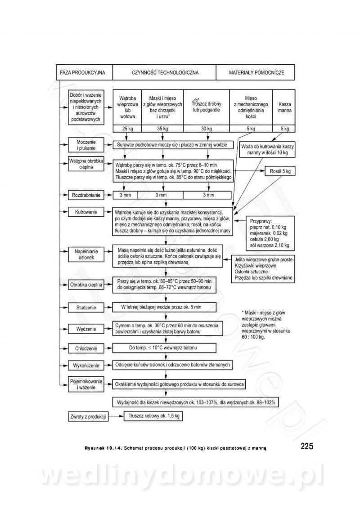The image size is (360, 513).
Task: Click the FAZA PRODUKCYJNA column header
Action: (83, 72)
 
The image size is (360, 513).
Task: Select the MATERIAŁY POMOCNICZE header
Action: (256, 72)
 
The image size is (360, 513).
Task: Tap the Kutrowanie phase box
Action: (85, 211)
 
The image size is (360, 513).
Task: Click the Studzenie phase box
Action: (85, 308)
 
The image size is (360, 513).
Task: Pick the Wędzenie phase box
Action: (85, 329)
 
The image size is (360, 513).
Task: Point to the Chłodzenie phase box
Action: (85, 348)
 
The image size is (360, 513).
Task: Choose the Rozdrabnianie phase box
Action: (85, 195)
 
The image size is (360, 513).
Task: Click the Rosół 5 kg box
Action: (280, 171)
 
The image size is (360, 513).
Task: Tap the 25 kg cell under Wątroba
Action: (127, 129)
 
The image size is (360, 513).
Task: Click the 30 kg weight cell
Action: (206, 129)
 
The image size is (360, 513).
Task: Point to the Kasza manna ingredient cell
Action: (284, 107)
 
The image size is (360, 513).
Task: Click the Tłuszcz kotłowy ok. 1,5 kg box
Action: (153, 416)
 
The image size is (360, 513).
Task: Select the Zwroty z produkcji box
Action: (88, 416)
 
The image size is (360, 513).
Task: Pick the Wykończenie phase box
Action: (85, 365)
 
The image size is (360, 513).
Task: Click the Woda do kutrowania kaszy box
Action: (267, 150)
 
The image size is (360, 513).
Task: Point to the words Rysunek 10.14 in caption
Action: (102, 448)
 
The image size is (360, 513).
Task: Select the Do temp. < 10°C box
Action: (166, 348)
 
